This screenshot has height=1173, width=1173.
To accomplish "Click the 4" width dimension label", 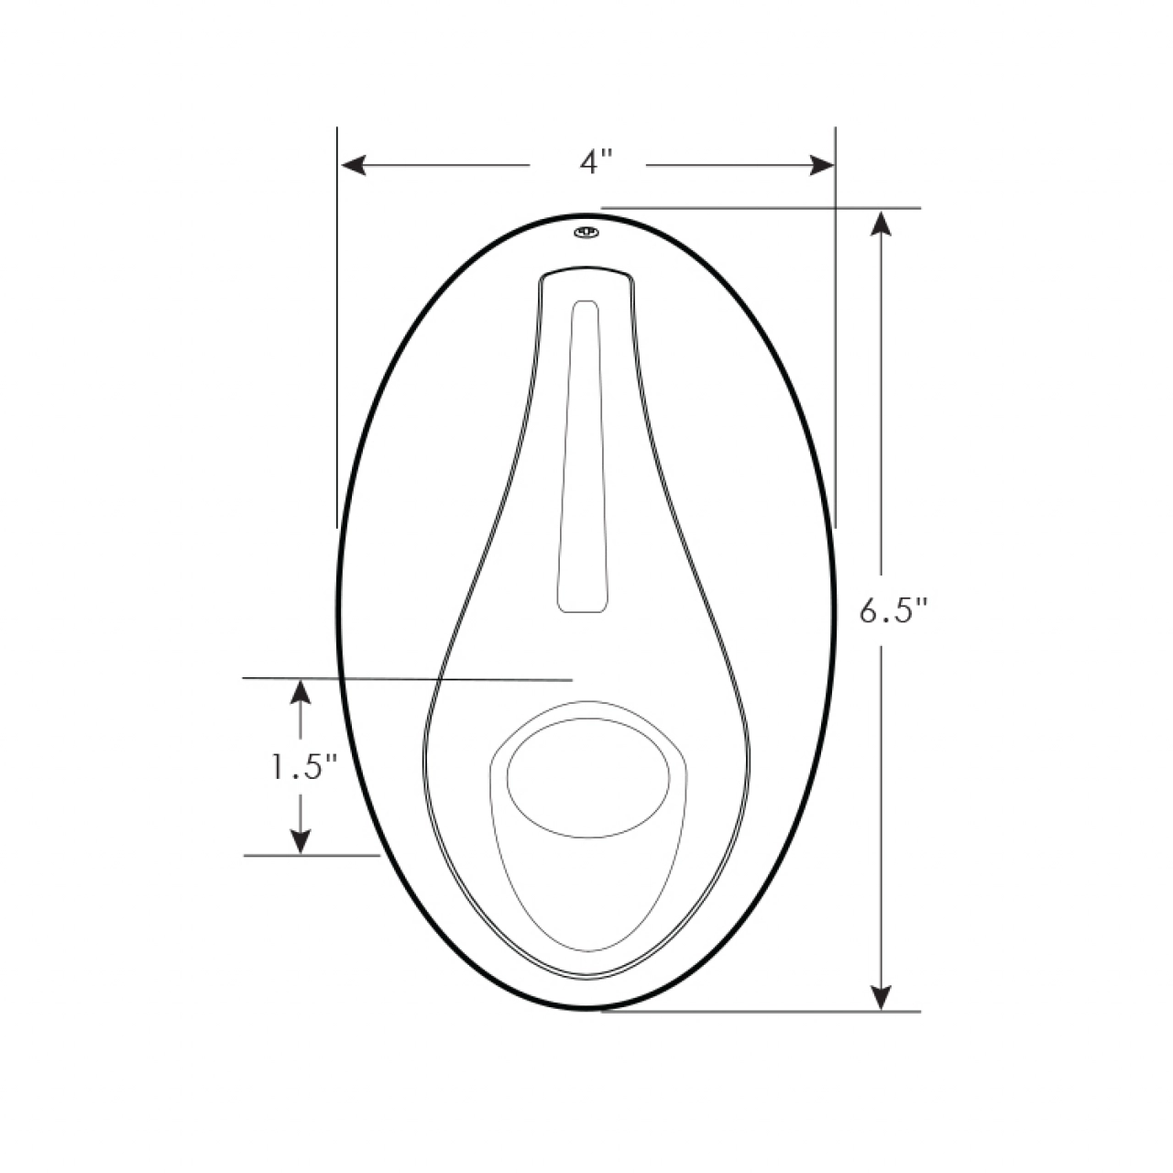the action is pyautogui.click(x=595, y=163).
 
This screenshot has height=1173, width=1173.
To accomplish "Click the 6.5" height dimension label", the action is pyautogui.click(x=893, y=610).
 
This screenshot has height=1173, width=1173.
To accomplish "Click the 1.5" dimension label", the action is pyautogui.click(x=303, y=768).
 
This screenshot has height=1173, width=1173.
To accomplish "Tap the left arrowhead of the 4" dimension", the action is pyautogui.click(x=354, y=165).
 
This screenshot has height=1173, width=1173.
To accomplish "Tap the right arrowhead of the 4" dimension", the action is pyautogui.click(x=822, y=165).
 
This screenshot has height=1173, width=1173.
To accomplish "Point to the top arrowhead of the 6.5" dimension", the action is pyautogui.click(x=881, y=224).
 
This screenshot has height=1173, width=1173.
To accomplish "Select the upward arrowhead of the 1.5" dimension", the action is pyautogui.click(x=301, y=692).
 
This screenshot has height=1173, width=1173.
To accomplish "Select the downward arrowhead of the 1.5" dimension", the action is pyautogui.click(x=301, y=841).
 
